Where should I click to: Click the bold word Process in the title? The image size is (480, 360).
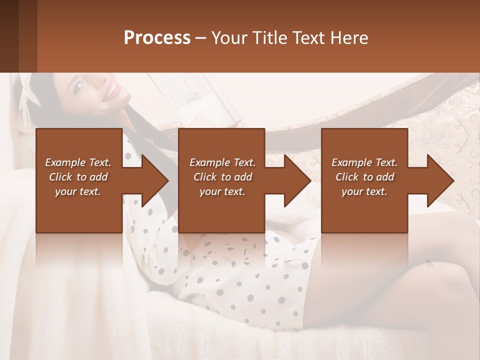click(157, 37)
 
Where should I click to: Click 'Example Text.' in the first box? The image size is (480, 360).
click(78, 162)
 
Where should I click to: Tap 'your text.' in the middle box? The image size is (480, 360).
click(222, 191)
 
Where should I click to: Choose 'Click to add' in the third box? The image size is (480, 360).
click(364, 177)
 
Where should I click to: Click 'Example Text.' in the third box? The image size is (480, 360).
click(364, 162)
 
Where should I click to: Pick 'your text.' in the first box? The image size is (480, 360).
click(78, 191)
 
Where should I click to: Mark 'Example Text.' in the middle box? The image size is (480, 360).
click(222, 162)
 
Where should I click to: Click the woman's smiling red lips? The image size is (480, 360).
click(112, 90)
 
